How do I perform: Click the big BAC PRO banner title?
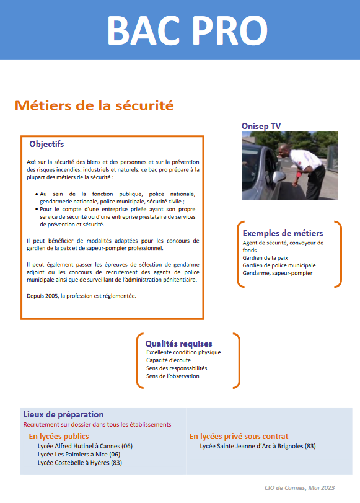pos(187,30)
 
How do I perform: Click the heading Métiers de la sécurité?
pos(94,105)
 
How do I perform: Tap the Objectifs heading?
pos(46,145)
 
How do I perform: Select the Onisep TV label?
pos(261,126)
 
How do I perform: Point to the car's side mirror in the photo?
pos(279,176)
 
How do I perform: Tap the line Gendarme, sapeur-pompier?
pos(278,272)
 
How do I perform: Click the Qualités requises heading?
pos(178,344)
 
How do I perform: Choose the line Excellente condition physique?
pos(183,352)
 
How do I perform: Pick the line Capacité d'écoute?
pos(169,360)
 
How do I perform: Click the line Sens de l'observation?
pos(173,376)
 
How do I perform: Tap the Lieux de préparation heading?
pos(63,414)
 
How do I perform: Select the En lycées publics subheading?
pos(59,437)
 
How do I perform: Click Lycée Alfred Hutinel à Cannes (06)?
pos(85,446)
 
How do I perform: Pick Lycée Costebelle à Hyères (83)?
pos(80,462)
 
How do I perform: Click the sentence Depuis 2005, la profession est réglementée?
pos(81,295)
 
